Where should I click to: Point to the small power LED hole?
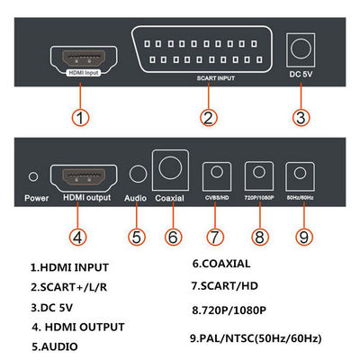[x=33, y=176]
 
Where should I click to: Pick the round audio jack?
[x=138, y=175]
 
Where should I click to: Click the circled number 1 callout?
[x=81, y=118]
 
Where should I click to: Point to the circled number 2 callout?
[x=207, y=118]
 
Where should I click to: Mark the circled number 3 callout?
[x=302, y=118]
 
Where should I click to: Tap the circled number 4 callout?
[x=79, y=238]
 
